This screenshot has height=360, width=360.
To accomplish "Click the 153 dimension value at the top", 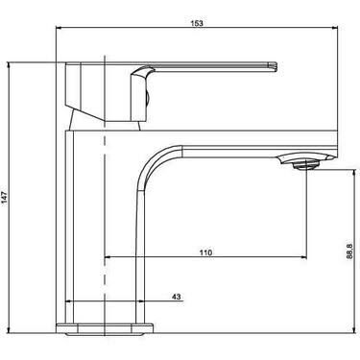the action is click(x=197, y=23).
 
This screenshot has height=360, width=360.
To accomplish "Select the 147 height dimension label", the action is click(x=4, y=198).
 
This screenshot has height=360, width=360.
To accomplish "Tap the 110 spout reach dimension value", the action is click(x=205, y=252).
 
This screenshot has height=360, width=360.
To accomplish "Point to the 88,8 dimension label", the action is click(x=349, y=252).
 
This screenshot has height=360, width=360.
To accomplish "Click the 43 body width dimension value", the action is click(x=177, y=297).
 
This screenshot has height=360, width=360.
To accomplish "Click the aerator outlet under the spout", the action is click(x=306, y=165).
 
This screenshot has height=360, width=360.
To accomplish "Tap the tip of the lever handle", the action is click(x=274, y=67).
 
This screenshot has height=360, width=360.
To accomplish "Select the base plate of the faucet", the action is click(x=105, y=328).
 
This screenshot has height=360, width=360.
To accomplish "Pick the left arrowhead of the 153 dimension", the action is click(x=59, y=28).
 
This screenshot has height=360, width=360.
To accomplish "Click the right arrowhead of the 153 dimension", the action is click(x=335, y=28).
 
